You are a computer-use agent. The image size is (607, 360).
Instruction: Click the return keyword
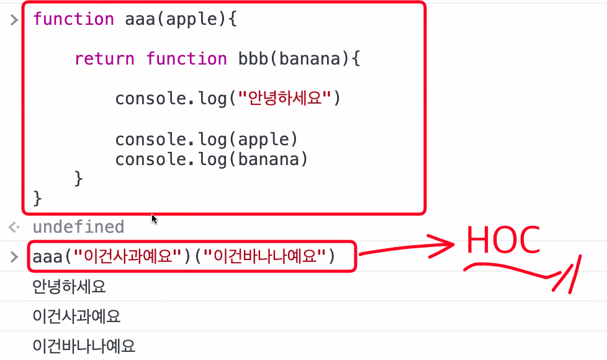pos(104,59)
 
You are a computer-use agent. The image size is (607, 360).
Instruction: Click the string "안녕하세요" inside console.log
pos(284,99)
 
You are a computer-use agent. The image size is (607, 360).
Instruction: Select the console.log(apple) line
pos(207,138)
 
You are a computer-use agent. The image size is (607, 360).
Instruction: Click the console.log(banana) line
pos(212,160)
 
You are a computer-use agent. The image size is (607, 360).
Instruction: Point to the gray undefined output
pos(78,227)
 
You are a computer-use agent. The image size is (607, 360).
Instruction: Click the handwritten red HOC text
pos(503,240)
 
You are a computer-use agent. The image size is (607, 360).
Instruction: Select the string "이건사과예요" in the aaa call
pos(127,256)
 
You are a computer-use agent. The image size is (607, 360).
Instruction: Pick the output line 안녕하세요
pos(70,287)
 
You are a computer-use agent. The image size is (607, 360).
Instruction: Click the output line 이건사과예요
pos(76,317)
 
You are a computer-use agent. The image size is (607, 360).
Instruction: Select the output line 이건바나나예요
pos(84,346)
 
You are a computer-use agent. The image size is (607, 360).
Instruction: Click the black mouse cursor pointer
pos(154,218)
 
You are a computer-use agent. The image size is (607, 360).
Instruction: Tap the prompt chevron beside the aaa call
pos(14,256)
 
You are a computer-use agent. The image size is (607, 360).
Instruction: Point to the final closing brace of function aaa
pos(37,199)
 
